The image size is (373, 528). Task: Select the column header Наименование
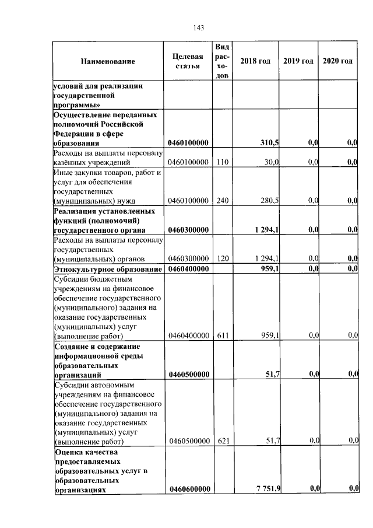tap(108, 61)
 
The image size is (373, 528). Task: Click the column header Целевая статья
tap(188, 61)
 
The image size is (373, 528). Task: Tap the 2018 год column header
tap(255, 61)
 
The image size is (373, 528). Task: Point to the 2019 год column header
tap(298, 61)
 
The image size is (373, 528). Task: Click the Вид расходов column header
tap(222, 61)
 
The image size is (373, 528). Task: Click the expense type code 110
tap(222, 163)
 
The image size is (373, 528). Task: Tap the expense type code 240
tap(222, 201)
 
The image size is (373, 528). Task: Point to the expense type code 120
tap(222, 258)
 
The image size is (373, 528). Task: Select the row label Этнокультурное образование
tap(107, 269)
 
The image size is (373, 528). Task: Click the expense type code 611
tap(222, 335)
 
